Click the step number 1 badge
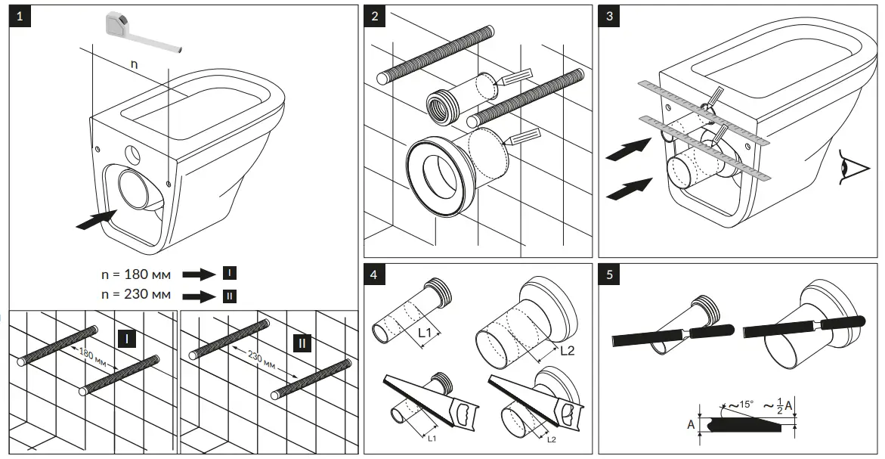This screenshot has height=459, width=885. click(20, 17)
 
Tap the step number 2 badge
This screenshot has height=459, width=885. click(376, 17)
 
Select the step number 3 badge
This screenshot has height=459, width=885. click(610, 17)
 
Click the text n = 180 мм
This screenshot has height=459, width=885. click(137, 273)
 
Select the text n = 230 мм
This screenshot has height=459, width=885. click(137, 294)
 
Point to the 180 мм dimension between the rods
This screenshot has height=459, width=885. click(88, 356)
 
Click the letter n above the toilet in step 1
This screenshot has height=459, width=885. click(134, 64)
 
